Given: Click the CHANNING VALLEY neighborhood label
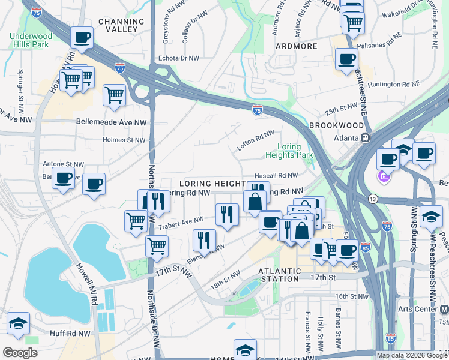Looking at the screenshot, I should point(121,26).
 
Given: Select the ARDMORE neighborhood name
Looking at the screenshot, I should point(295,46).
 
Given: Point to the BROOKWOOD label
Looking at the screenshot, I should point(336,125).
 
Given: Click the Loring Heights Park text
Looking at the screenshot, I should point(295,151).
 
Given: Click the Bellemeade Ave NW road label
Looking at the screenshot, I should point(111,122).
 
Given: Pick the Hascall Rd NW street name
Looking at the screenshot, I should point(276,175).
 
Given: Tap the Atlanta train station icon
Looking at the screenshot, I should point(365,137).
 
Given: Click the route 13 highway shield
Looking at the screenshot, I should point(372,199).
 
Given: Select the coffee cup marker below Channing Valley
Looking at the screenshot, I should point(81,37).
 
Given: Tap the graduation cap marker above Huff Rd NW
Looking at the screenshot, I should point(18,323).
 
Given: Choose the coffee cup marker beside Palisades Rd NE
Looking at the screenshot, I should point(346,59).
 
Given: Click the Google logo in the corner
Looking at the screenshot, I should point(20,352).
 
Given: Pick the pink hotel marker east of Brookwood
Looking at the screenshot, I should point(384,177).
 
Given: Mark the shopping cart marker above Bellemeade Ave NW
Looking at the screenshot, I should point(114,94).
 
